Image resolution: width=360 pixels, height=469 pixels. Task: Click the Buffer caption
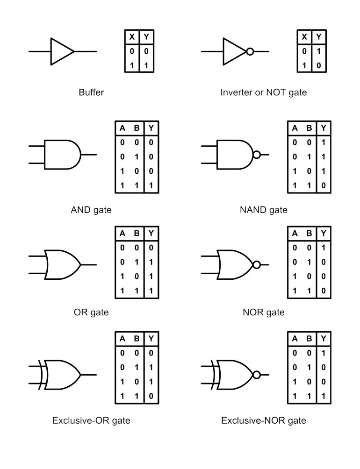[91, 92]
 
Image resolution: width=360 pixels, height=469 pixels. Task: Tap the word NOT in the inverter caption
[276, 92]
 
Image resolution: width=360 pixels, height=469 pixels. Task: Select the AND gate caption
[91, 210]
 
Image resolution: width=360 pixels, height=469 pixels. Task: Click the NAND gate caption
[264, 210]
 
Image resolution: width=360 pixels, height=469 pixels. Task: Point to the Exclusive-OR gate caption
[91, 420]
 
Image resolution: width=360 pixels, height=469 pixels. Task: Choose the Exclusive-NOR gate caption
[264, 420]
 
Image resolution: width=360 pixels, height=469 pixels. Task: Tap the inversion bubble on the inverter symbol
[250, 52]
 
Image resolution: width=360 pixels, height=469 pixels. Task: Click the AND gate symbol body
[45, 155]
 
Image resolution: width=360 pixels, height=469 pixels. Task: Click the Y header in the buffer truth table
[146, 37]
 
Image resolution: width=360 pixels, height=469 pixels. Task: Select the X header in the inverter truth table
[304, 37]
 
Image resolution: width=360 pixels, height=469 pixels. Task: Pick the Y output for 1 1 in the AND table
[151, 185]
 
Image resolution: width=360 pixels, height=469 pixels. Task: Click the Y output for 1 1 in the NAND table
[324, 185]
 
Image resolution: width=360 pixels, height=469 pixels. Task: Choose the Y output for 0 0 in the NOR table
[324, 248]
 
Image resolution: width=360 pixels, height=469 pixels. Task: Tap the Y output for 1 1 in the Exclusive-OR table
[151, 396]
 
